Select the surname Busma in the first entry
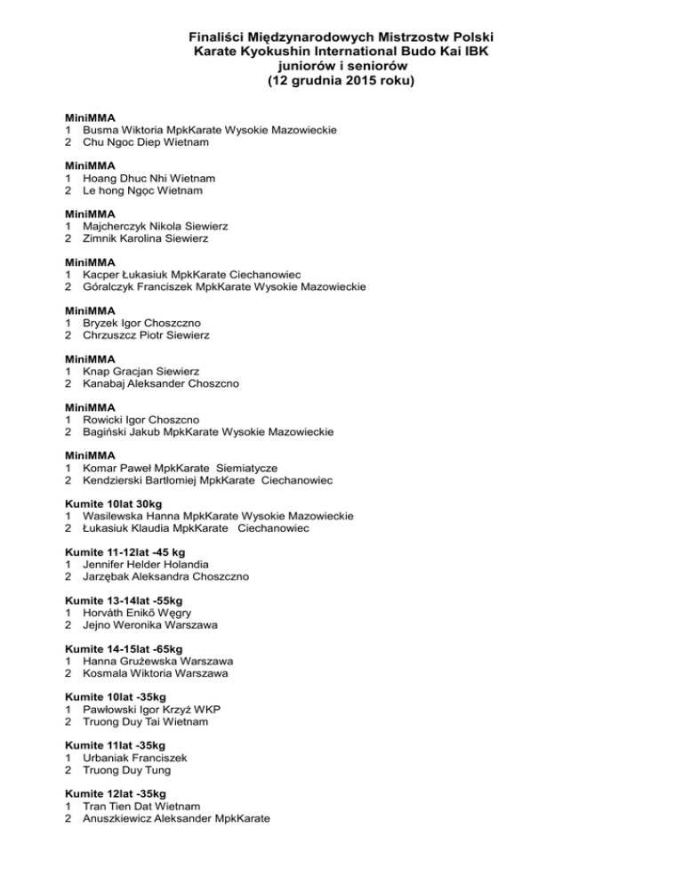103,130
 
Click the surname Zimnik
102,238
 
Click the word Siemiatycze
259,467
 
